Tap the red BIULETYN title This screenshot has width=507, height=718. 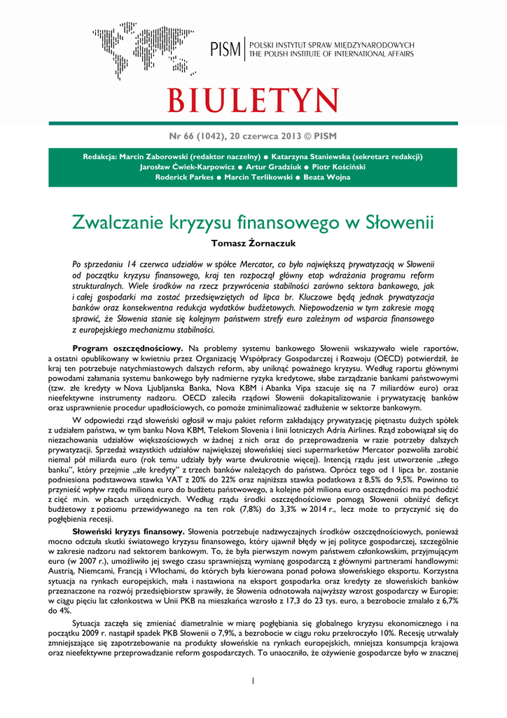[x=253, y=98]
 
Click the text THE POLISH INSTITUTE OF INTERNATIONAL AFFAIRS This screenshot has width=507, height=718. [x=332, y=54]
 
